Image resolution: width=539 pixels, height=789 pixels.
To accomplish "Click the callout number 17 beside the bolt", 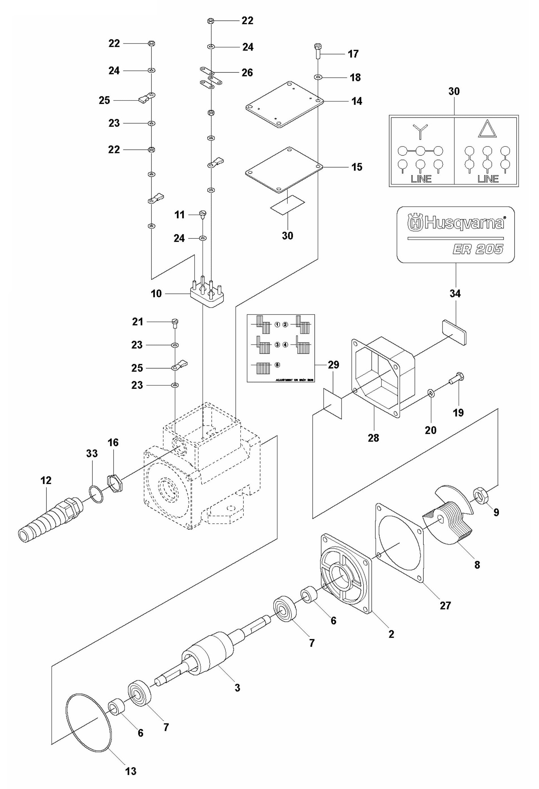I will click(x=353, y=54).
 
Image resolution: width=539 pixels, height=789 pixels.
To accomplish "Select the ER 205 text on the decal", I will click(x=477, y=250).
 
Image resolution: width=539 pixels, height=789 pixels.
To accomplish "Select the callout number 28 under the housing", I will click(x=373, y=438).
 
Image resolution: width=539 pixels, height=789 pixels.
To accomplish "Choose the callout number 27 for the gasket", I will click(x=445, y=605).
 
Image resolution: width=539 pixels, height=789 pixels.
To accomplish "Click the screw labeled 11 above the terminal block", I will click(x=203, y=214).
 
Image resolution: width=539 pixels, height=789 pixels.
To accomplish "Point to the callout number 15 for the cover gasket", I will click(x=357, y=167).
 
